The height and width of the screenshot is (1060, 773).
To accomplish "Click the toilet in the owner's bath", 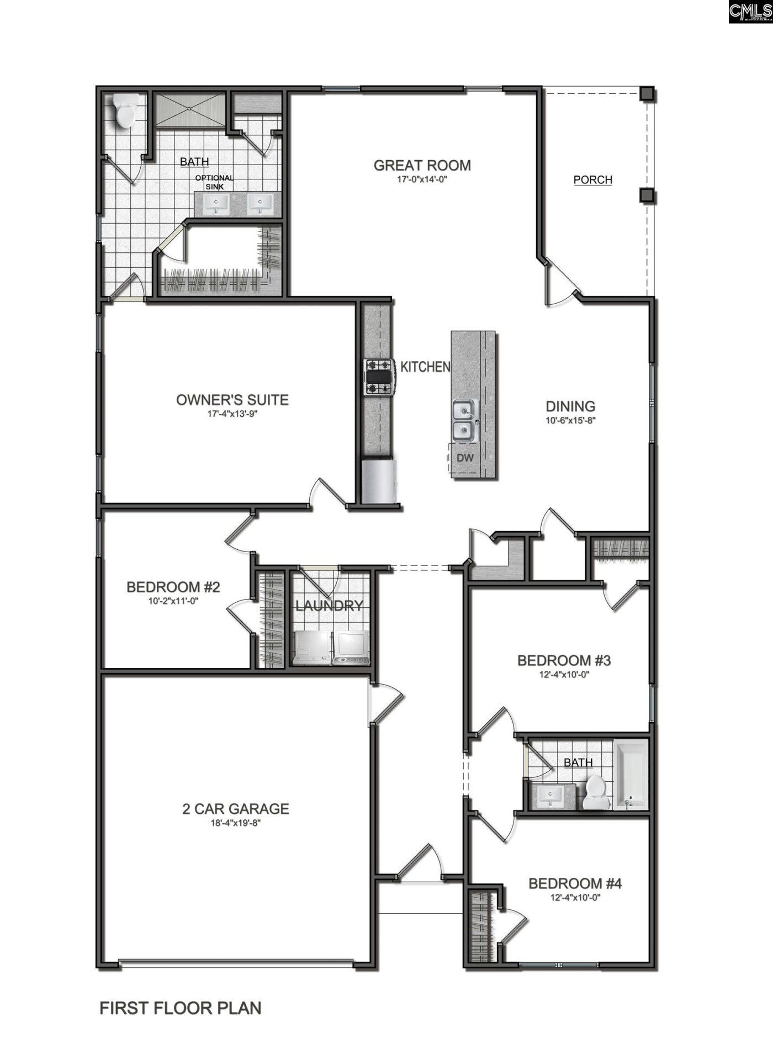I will click(x=126, y=111).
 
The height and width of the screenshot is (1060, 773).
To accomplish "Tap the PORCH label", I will click(x=592, y=179).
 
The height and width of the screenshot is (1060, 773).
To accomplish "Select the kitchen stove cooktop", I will click(x=378, y=377).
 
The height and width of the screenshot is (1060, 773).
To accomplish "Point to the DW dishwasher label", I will click(x=465, y=458).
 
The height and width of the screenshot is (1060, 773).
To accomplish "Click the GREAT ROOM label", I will click(x=422, y=165).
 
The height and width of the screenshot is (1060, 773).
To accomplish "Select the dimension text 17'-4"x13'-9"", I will click(x=232, y=414).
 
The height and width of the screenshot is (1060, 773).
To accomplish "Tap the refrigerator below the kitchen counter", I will click(x=379, y=481).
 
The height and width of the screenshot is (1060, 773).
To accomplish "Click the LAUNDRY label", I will click(x=329, y=606).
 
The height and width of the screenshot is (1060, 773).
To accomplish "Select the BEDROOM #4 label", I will click(x=575, y=883).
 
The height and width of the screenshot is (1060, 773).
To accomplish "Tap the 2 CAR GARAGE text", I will click(x=236, y=809).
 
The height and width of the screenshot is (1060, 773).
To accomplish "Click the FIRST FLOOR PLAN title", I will click(x=180, y=1008).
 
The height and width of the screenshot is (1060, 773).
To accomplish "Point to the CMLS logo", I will click(x=750, y=12).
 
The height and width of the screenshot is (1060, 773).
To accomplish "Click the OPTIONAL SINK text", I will click(x=214, y=182).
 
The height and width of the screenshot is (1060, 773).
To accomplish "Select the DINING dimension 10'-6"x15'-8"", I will click(x=570, y=420).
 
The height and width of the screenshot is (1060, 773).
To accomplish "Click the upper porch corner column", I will click(x=647, y=94).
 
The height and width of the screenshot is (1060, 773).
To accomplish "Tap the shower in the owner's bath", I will click(x=189, y=111).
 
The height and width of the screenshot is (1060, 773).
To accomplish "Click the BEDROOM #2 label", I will click(x=173, y=587).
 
